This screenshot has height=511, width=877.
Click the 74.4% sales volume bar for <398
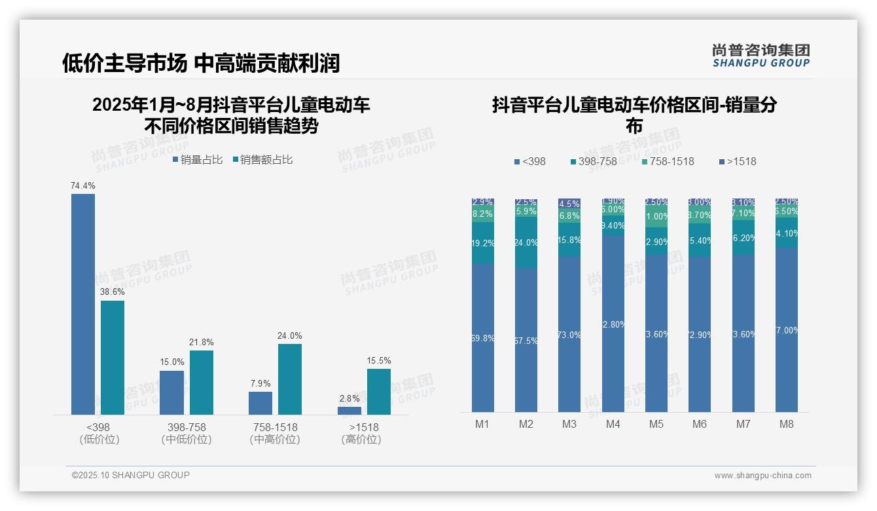pos(83,304)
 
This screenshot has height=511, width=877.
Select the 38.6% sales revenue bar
pos(113,358)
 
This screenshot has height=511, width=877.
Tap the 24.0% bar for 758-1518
pos(290,379)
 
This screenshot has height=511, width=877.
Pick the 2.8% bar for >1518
pos(349,411)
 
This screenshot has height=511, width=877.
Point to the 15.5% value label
pos(379,361)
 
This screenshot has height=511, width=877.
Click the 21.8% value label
pos(202,343)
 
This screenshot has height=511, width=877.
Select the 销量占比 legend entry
pos(198,160)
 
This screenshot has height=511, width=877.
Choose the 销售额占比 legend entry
pos(262,160)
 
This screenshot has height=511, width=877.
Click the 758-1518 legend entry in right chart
pos(668,162)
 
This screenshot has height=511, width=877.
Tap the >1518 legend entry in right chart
pos(738,162)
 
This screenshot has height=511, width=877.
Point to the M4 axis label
pos(613,425)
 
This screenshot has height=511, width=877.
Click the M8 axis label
pos(787,425)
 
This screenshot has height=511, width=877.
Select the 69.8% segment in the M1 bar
pos(483,337)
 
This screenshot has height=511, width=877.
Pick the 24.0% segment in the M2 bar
pos(526,242)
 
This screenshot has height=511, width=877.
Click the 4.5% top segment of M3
pos(569,204)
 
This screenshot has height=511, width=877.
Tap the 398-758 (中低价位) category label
pos(187,433)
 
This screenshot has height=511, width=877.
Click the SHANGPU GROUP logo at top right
pos(761,56)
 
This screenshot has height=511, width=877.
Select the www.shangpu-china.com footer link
pos(762,476)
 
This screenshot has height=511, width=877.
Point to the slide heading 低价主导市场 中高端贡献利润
pos(201,63)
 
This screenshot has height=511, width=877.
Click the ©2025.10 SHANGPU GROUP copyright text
pos(131,476)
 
